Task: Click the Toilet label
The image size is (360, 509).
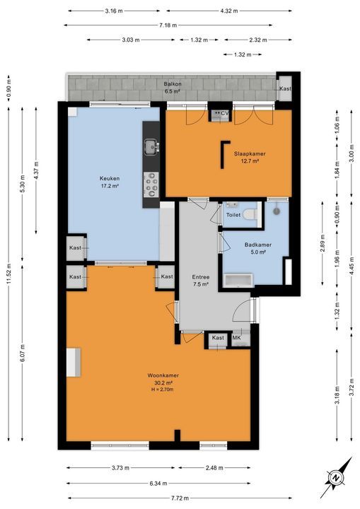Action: pyautogui.click(x=233, y=215)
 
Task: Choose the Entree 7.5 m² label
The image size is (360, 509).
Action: pyautogui.click(x=202, y=281)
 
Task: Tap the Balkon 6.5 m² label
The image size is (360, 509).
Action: pyautogui.click(x=173, y=88)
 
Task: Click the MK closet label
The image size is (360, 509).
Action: pyautogui.click(x=237, y=338)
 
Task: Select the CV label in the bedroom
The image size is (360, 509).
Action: pyautogui.click(x=225, y=113)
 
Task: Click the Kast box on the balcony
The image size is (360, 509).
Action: pyautogui.click(x=284, y=88)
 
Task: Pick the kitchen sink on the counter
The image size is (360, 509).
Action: pyautogui.click(x=151, y=147)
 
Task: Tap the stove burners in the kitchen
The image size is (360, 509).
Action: pyautogui.click(x=151, y=186)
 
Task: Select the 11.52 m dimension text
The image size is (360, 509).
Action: pyautogui.click(x=8, y=281)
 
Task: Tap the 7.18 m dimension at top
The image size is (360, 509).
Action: pyautogui.click(x=167, y=25)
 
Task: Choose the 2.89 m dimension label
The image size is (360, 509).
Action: pyautogui.click(x=323, y=245)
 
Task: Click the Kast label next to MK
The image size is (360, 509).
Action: pyautogui.click(x=218, y=338)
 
